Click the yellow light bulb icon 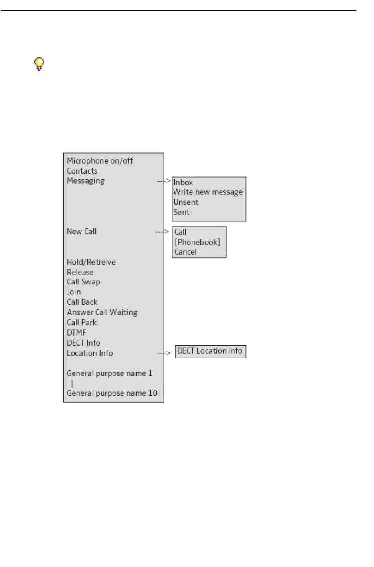38,64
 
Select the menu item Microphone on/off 100,161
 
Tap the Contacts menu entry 82,171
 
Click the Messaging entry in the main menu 85,181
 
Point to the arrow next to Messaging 164,181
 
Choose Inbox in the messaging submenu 183,182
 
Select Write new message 208,192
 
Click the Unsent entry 186,202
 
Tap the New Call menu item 81,231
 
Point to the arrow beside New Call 162,232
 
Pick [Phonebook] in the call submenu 197,242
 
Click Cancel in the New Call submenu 185,252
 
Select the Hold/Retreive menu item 91,262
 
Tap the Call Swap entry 83,282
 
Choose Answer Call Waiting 102,312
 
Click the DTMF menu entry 76,333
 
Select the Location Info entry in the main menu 90,353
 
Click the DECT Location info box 210,351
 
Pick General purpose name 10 112,393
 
